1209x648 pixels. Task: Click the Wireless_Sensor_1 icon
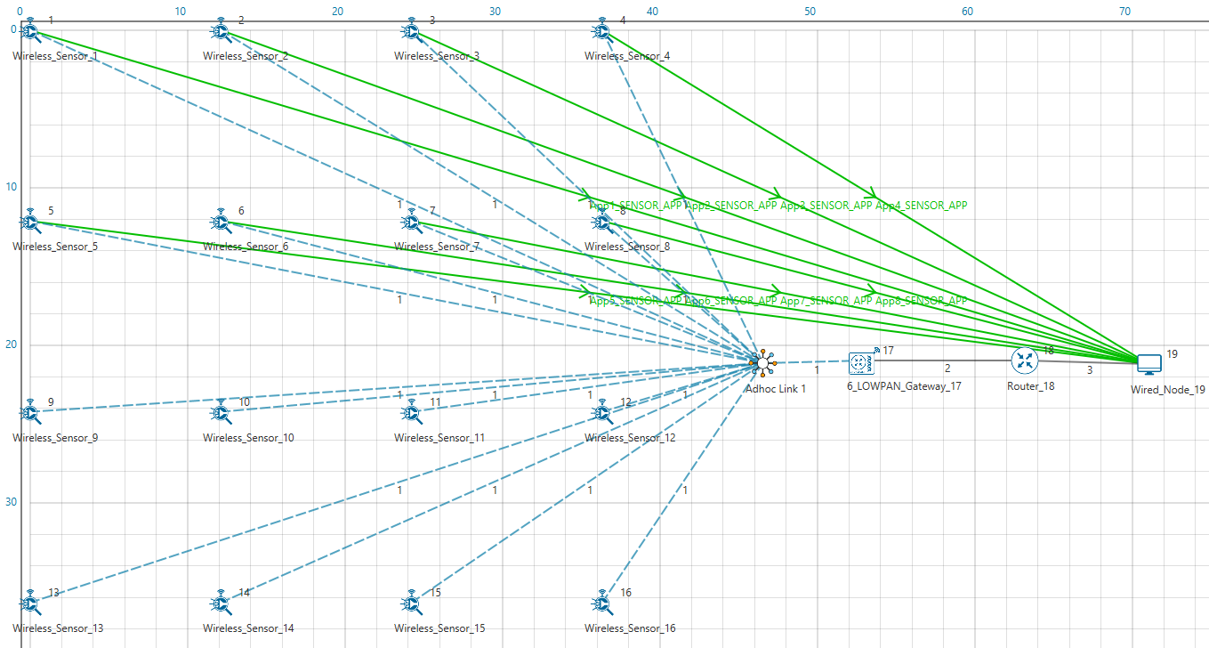(x=31, y=32)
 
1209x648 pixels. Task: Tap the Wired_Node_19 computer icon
(x=1149, y=363)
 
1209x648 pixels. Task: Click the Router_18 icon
(x=1025, y=360)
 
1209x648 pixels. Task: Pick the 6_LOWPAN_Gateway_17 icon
(x=859, y=361)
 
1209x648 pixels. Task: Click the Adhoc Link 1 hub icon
(x=763, y=362)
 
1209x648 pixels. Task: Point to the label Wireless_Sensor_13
(x=58, y=628)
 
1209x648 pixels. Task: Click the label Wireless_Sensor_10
(x=248, y=438)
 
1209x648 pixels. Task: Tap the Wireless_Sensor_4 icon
(x=602, y=32)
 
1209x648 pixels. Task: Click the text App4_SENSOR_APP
(x=922, y=206)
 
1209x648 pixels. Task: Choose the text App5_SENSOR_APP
(x=636, y=301)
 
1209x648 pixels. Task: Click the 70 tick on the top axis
(x=1124, y=12)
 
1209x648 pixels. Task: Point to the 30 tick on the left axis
(x=10, y=502)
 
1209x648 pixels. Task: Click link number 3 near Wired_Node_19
(x=1089, y=371)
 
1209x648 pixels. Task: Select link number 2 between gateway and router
(x=947, y=369)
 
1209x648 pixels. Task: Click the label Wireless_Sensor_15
(x=439, y=628)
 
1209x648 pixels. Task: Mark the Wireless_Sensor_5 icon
(x=31, y=222)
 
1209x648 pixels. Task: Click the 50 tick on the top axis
(x=810, y=12)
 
